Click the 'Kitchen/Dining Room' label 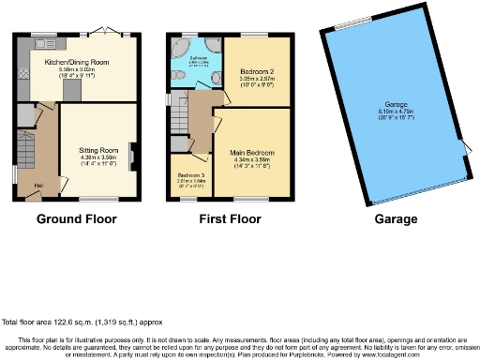tap(77, 62)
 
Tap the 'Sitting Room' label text tap(97, 148)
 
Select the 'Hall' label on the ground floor tap(38, 185)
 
